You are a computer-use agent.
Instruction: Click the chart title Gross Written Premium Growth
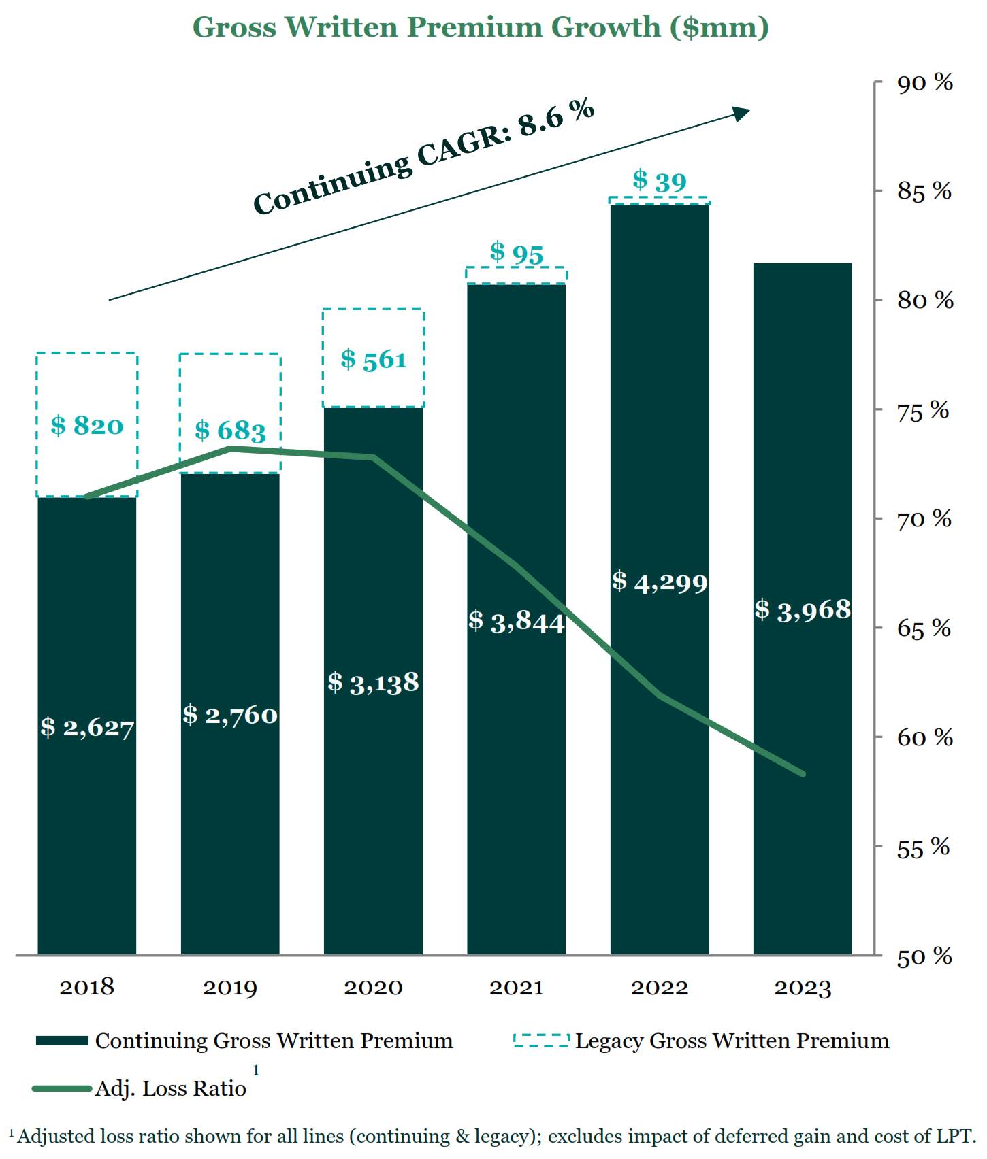pyautogui.click(x=481, y=27)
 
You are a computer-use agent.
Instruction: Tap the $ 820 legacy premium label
pyautogui.click(x=87, y=426)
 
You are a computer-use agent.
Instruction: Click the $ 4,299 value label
pyautogui.click(x=660, y=582)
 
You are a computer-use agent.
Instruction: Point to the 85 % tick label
pyautogui.click(x=924, y=191)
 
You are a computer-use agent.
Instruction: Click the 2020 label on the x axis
pyautogui.click(x=373, y=987)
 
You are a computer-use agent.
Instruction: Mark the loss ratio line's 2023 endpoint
pyautogui.click(x=803, y=773)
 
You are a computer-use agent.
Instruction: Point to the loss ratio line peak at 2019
pyautogui.click(x=230, y=448)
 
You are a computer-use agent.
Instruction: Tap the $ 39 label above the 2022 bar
pyautogui.click(x=660, y=181)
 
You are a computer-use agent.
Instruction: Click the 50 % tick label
pyautogui.click(x=924, y=957)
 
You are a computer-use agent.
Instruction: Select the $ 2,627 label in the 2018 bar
pyautogui.click(x=87, y=727)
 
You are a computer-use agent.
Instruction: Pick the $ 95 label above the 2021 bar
pyautogui.click(x=517, y=253)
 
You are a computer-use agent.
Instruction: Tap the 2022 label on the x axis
pyautogui.click(x=660, y=987)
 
